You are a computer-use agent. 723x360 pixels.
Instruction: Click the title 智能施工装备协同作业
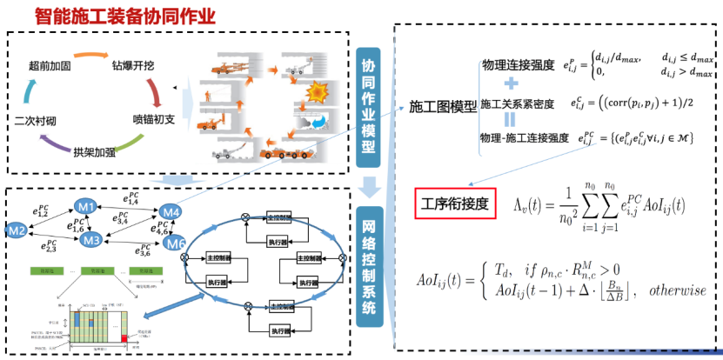(x=124, y=16)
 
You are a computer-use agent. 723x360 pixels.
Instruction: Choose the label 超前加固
(x=49, y=64)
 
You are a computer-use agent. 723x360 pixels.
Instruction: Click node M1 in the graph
(x=85, y=207)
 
